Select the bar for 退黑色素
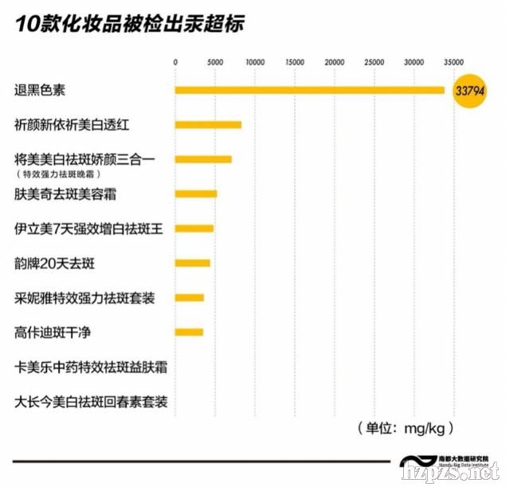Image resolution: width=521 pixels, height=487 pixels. click(309, 90)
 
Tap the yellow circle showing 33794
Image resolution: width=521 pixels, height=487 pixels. click(469, 91)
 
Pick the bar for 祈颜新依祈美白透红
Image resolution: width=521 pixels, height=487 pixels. click(208, 125)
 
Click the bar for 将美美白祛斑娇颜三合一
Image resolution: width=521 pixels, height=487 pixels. click(203, 159)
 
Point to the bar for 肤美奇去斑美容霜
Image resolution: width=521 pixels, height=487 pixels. click(196, 193)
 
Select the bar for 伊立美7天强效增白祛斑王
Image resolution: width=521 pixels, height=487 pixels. click(194, 228)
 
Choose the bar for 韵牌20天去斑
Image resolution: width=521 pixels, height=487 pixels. click(193, 263)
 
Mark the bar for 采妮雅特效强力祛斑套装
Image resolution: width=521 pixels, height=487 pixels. click(190, 298)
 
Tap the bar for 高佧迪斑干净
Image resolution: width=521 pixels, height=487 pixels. click(189, 332)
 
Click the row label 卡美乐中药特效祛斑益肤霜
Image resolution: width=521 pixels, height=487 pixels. click(89, 368)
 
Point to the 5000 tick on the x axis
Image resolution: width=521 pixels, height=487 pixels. click(214, 61)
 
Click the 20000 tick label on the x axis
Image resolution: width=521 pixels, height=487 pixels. click(334, 61)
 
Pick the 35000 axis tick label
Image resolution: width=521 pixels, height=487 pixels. click(453, 61)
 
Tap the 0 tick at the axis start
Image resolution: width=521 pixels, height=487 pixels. click(175, 61)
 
